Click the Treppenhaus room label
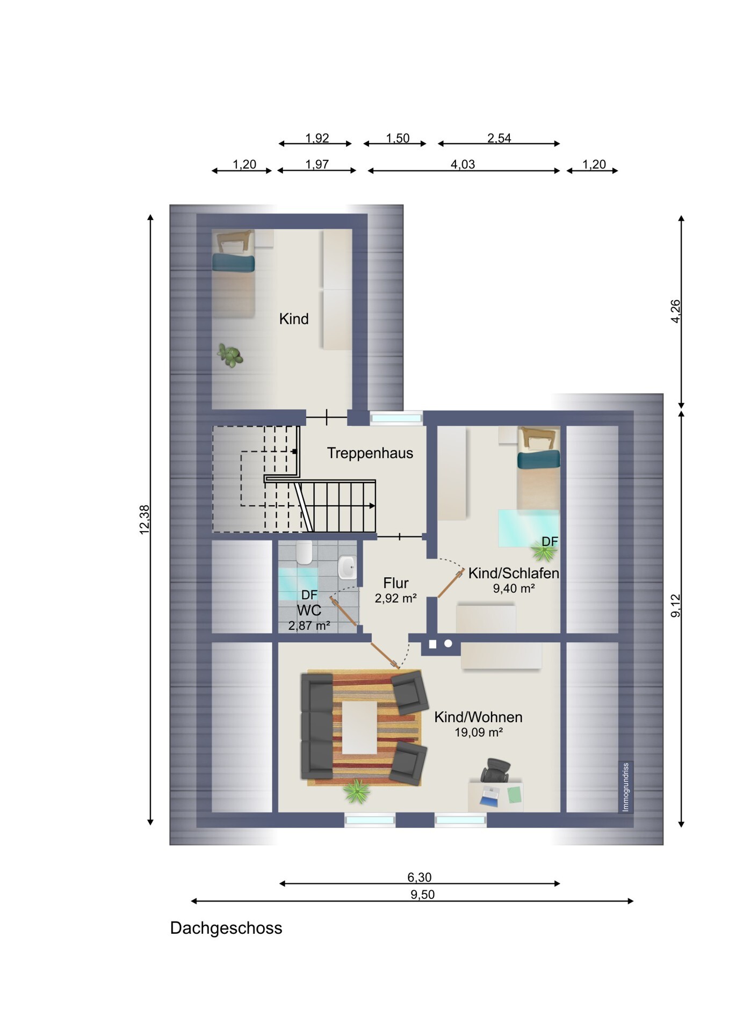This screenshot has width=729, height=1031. [x=370, y=453]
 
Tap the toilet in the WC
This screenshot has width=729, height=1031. [x=304, y=553]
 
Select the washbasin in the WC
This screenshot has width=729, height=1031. [x=347, y=567]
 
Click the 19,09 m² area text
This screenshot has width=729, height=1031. [x=478, y=732]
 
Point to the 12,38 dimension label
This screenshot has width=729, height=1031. [x=145, y=519]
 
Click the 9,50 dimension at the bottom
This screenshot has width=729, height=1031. [x=422, y=895]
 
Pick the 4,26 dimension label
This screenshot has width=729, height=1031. [x=676, y=311]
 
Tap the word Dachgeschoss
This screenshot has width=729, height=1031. [x=226, y=928]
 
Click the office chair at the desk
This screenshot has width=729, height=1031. [x=495, y=771]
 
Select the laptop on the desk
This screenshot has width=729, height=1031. [x=489, y=796]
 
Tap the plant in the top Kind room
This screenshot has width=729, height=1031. [x=230, y=355]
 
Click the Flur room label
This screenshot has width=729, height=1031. [x=396, y=583]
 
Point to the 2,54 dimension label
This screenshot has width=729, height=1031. [x=499, y=138]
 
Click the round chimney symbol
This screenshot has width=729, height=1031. [x=448, y=643]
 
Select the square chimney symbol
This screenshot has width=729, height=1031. [x=432, y=644]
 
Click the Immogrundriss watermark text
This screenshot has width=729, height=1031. [x=625, y=787]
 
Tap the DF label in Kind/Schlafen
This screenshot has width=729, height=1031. [x=550, y=542]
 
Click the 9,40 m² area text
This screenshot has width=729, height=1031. [x=514, y=589]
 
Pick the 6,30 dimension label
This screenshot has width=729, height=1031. [x=419, y=877]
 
